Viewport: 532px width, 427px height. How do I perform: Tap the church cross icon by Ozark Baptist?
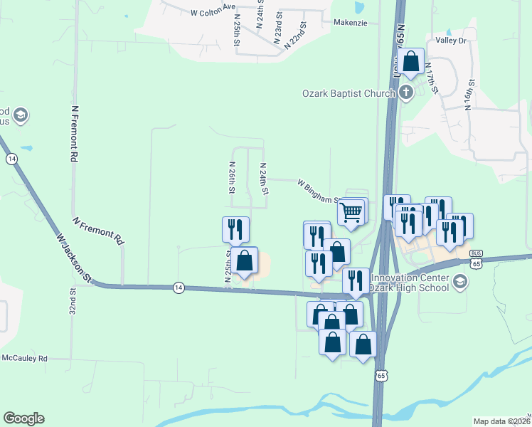click(405, 92)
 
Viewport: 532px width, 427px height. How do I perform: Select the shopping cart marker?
click(351, 212)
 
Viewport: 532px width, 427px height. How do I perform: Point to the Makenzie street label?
click(351, 22)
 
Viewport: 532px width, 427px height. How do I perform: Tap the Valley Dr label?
click(450, 41)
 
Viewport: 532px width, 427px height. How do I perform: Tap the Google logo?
click(23, 418)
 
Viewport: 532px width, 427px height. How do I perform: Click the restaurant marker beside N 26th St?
click(236, 229)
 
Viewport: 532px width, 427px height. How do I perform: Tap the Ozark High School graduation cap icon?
click(459, 282)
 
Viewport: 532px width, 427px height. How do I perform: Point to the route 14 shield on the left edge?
click(11, 159)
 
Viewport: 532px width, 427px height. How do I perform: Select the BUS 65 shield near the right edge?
click(476, 259)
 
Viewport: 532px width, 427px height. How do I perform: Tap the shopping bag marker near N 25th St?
click(245, 261)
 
